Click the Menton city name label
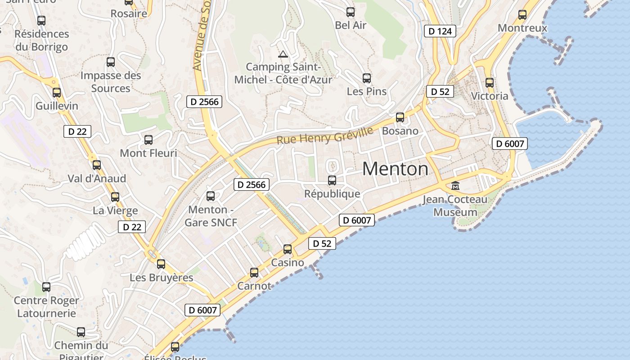tap(395, 169)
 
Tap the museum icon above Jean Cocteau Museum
tap(455, 185)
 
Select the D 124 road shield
tap(440, 31)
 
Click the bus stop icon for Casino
tap(288, 249)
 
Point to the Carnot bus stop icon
tap(254, 272)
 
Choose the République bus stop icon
tap(332, 180)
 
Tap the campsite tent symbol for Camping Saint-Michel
tap(283, 54)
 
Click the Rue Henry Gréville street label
tap(324, 135)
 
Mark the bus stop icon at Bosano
tap(400, 117)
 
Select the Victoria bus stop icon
tap(490, 83)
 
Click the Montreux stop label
tap(522, 28)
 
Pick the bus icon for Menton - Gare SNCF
tap(211, 196)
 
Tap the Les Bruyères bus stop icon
tap(161, 264)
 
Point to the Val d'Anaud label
tap(97, 178)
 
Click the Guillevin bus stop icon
tap(57, 93)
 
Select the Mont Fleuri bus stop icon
tap(148, 140)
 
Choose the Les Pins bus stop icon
tap(367, 78)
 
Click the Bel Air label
tap(351, 25)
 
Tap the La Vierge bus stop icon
tap(115, 197)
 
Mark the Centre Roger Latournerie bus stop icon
tap(46, 287)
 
